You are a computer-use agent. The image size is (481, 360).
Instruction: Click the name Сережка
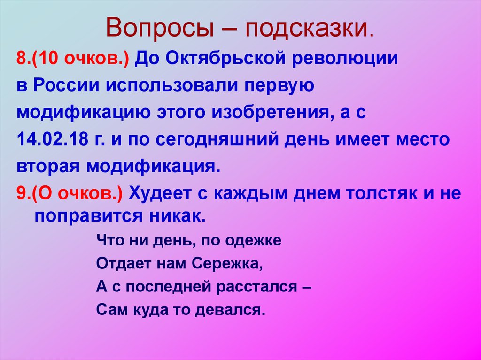(226, 263)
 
